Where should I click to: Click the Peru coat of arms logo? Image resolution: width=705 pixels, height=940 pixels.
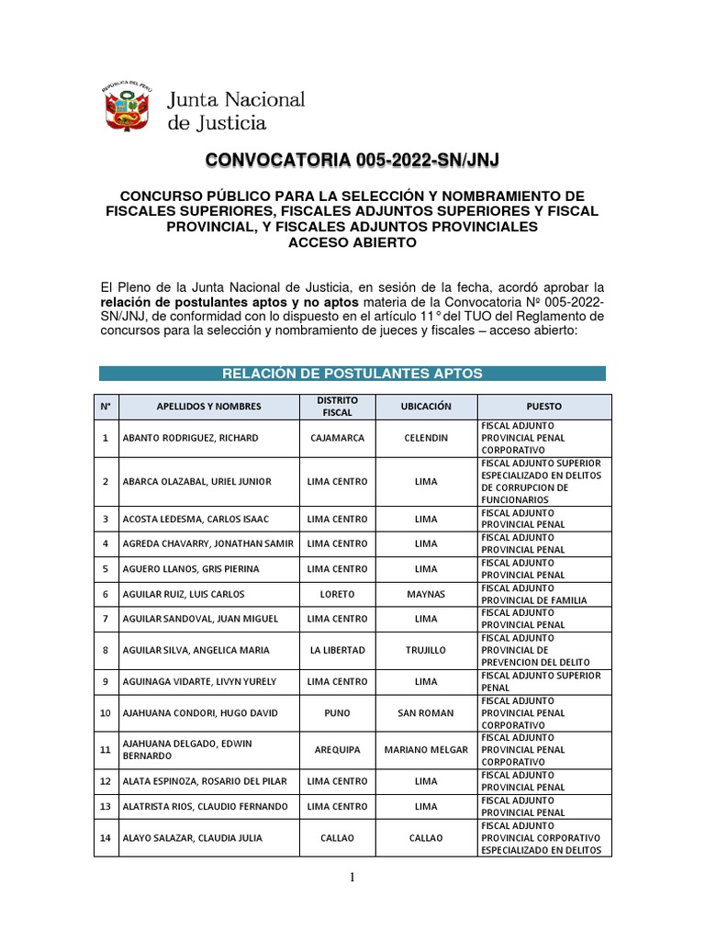[x=127, y=109]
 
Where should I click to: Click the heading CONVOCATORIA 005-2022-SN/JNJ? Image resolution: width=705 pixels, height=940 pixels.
[x=352, y=162]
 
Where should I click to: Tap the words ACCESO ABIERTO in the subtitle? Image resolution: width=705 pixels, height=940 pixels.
[x=352, y=242]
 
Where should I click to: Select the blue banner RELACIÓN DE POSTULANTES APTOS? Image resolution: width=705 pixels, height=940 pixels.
[x=352, y=373]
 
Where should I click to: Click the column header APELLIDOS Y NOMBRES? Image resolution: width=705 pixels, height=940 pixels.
[x=208, y=407]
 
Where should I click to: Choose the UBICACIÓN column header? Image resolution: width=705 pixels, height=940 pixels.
[x=426, y=407]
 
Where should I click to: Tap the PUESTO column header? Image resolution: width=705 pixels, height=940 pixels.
[x=544, y=407]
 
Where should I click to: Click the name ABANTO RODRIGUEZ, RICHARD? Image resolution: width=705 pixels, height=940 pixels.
[x=190, y=438]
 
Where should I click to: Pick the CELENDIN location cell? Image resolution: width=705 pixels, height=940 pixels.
[x=426, y=438]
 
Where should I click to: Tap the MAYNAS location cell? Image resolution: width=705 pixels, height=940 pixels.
[x=426, y=594]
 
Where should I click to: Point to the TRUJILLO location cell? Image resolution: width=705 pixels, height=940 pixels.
[x=426, y=650]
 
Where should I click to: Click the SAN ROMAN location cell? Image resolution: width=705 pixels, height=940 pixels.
[x=426, y=713]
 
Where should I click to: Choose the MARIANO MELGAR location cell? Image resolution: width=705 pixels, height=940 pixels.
[x=426, y=750]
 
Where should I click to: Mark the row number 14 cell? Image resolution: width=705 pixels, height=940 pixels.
[x=105, y=838]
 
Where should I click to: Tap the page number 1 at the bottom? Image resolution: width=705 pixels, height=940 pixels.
[x=352, y=878]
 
